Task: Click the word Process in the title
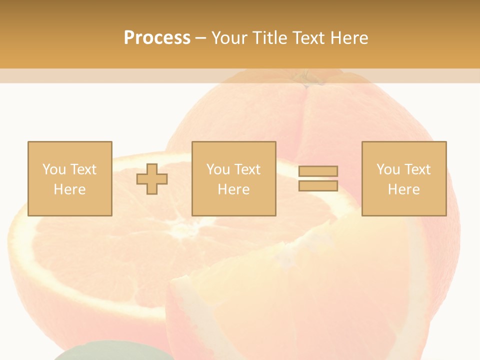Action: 157,37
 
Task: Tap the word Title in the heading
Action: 270,37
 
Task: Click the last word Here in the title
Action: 349,37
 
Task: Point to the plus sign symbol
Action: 152,178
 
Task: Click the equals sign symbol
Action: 318,178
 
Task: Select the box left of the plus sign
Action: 69,178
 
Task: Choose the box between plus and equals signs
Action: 233,178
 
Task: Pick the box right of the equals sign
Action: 403,178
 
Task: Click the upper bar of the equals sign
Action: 318,171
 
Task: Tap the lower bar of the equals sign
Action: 318,185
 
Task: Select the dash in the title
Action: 201,37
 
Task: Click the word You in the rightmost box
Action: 387,169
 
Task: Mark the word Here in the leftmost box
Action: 69,189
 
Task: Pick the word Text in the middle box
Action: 247,169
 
